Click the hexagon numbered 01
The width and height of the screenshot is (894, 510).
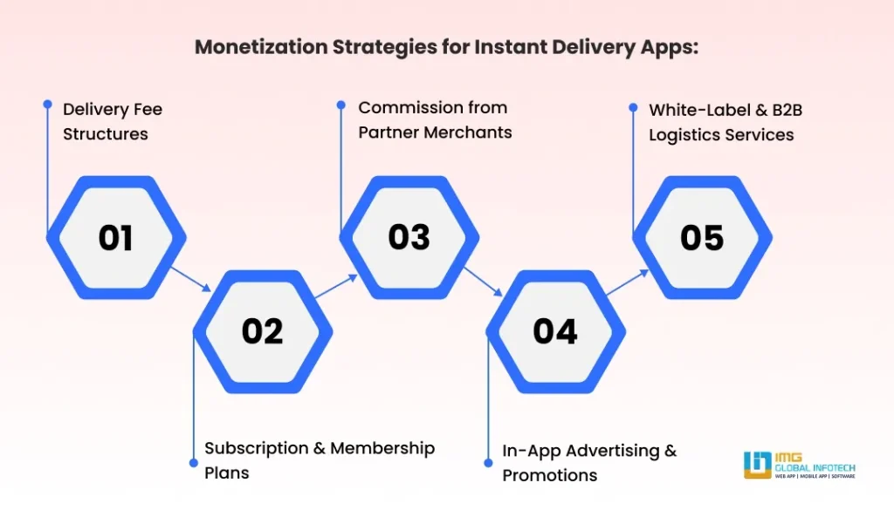click(115, 237)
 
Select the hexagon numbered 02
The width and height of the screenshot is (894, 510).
click(263, 331)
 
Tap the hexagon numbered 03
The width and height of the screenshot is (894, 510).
click(409, 237)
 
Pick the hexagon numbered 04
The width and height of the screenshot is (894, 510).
click(555, 331)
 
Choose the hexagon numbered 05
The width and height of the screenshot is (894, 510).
click(702, 237)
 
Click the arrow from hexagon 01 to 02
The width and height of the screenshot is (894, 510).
click(190, 279)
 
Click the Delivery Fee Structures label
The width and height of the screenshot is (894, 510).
click(112, 122)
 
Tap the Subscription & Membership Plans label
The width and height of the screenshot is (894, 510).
click(319, 460)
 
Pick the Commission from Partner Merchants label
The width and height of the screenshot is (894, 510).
click(434, 120)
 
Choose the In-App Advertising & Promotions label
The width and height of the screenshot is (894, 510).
click(588, 463)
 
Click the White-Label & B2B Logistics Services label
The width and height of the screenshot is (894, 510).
click(720, 122)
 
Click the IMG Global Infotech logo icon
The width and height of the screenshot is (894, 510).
click(756, 465)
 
